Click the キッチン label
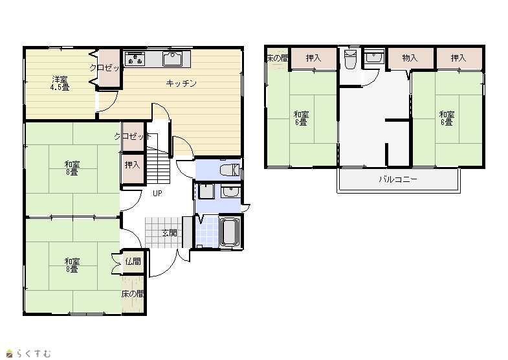click(x=181, y=84)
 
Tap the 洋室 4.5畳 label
click(x=60, y=84)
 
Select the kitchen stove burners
click(x=135, y=58)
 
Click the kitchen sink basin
click(x=172, y=59)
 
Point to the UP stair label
click(x=157, y=194)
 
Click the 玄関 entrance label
click(x=170, y=232)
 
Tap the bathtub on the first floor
click(x=229, y=232)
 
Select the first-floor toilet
click(x=230, y=170)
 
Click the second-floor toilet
click(x=350, y=60)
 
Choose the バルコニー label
click(x=398, y=179)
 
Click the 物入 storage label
click(x=410, y=58)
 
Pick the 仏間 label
click(x=133, y=261)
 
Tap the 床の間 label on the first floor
click(x=133, y=294)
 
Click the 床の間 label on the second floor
click(x=278, y=58)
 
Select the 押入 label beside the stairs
click(x=133, y=165)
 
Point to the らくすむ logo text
click(x=34, y=353)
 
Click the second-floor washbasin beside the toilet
click(x=374, y=57)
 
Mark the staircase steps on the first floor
click(x=159, y=165)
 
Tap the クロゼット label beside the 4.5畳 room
click(x=105, y=68)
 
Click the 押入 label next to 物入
click(x=458, y=58)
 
